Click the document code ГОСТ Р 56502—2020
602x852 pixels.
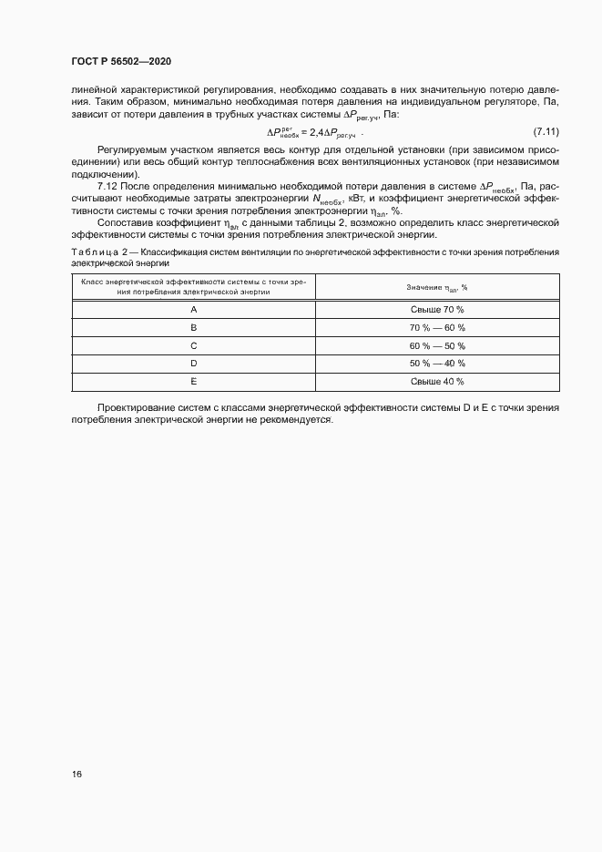click(120, 61)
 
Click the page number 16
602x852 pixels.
click(77, 774)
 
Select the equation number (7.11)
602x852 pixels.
click(545, 132)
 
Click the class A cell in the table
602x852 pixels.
click(193, 310)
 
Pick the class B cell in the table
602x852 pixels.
click(193, 328)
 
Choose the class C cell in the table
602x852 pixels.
click(193, 346)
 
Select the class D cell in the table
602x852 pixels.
click(193, 364)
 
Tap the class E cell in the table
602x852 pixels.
click(193, 382)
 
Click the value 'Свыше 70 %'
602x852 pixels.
click(437, 310)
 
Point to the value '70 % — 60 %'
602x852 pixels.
click(437, 328)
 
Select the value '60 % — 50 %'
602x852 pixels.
click(437, 346)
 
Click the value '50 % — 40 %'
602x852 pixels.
click(437, 364)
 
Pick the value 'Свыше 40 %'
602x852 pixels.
click(437, 382)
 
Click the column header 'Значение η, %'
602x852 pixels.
click(437, 287)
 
